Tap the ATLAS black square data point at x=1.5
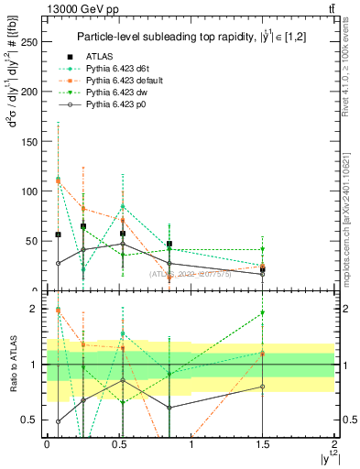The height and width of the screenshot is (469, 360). (x=263, y=269)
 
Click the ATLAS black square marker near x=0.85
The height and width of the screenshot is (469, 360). (x=169, y=244)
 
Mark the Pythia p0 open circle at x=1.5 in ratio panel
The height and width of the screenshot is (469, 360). (x=263, y=387)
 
